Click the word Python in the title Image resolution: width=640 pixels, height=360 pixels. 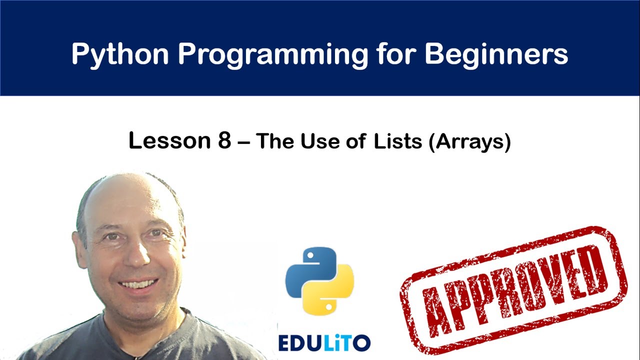120,53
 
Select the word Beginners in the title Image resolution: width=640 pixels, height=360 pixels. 496,53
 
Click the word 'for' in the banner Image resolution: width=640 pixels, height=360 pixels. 397,53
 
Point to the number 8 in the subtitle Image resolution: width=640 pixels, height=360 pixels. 224,141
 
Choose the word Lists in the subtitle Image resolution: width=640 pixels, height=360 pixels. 397,141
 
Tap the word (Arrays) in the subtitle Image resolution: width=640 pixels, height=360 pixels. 469,142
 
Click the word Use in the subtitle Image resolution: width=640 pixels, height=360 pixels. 321,141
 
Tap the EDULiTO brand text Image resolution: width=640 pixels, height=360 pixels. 324,342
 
